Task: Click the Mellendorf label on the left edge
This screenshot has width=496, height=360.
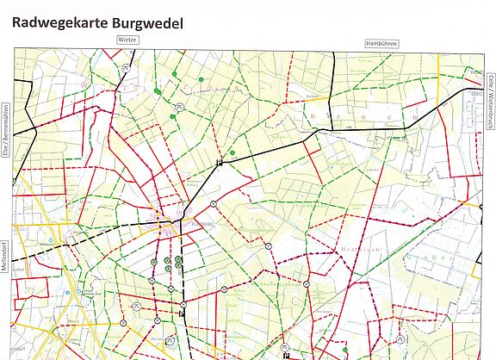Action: [5, 255]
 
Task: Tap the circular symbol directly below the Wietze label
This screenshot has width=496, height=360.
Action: [126, 67]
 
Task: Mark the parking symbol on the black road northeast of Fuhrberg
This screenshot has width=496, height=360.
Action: [220, 162]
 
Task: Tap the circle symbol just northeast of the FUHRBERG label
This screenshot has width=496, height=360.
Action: [212, 203]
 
